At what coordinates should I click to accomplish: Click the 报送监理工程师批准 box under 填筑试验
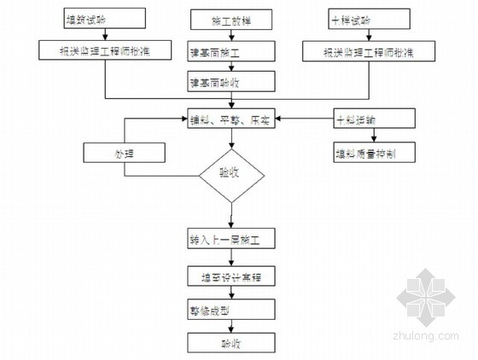point(106,51)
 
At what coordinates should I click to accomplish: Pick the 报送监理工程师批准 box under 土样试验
point(369,51)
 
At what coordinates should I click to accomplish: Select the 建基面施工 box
point(231,52)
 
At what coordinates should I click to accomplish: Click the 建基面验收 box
point(231,81)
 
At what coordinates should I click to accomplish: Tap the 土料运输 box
point(373,119)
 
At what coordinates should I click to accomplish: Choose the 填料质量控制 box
point(373,153)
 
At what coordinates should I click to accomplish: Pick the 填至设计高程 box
point(231,276)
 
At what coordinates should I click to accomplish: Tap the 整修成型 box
point(231,309)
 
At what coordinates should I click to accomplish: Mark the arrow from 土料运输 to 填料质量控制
point(373,136)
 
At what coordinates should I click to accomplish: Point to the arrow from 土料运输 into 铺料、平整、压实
point(303,119)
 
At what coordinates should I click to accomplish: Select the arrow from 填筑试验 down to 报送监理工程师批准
point(106,33)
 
